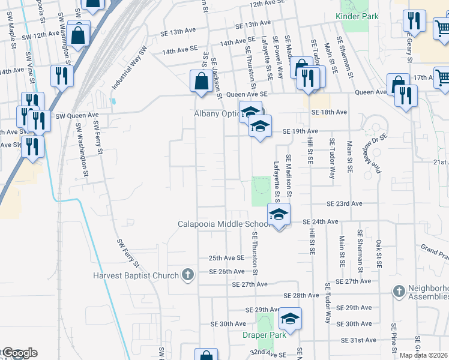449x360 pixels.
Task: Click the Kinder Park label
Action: coord(357,16)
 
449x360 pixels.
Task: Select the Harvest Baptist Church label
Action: coord(136,276)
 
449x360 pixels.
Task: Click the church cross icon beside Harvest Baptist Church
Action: coord(188,275)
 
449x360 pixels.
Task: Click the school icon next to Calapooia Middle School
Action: coord(279,214)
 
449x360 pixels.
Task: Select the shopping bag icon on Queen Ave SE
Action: coord(200,80)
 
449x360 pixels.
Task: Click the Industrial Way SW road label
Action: coord(129,69)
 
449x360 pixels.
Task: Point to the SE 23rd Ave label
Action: coord(345,204)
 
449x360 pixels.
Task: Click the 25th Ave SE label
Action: coord(226,257)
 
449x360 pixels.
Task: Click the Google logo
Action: coord(20,353)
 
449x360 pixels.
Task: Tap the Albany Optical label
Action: coord(217,113)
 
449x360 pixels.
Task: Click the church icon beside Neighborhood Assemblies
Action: coord(399,292)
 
